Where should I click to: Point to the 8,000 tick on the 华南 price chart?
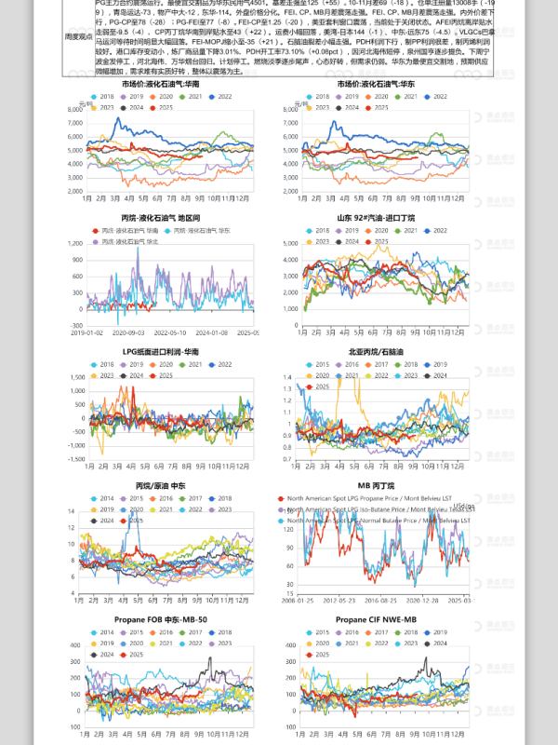coord(75,110)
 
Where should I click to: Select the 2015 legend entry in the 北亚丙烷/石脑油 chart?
coord(323,364)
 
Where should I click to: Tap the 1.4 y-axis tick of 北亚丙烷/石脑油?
coord(286,376)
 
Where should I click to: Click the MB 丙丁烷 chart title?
coord(376,486)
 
